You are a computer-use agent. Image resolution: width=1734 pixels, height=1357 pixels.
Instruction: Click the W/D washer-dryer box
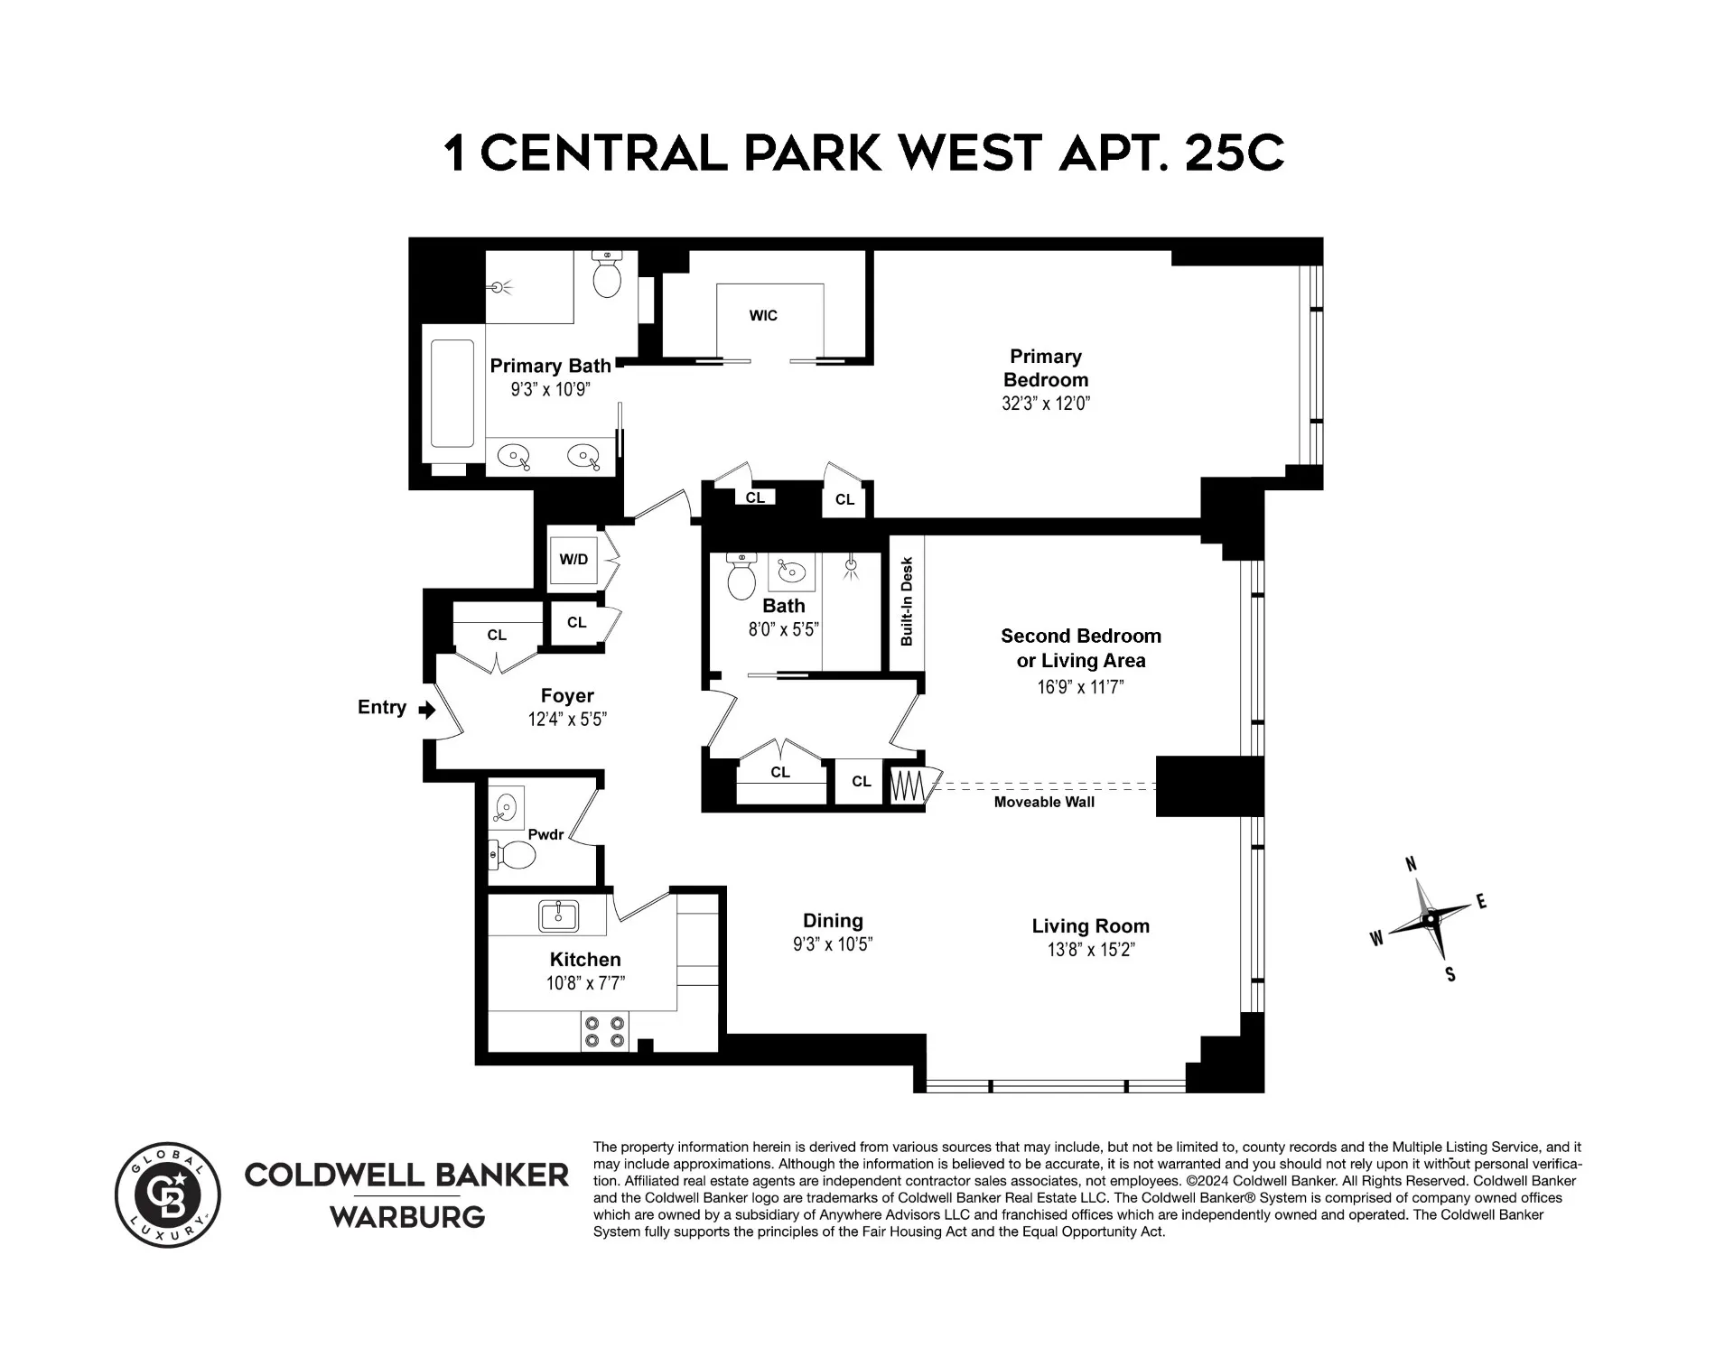coord(573,559)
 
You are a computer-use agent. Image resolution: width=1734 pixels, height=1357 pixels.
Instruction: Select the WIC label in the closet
coord(763,315)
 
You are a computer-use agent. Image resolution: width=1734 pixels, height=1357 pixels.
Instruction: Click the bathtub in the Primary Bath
coord(452,394)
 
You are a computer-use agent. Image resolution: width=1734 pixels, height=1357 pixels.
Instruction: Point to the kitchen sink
coord(559,916)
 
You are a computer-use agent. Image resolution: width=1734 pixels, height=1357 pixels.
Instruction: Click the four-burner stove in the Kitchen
coord(604,1031)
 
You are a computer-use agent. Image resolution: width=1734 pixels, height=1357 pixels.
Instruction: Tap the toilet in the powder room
coord(515,854)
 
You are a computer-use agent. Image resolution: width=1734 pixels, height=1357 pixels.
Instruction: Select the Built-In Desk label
coord(908,601)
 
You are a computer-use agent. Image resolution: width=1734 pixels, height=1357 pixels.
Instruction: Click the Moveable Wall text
coord(1044,802)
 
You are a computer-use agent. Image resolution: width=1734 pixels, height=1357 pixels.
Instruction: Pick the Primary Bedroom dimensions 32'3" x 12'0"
coord(1046,404)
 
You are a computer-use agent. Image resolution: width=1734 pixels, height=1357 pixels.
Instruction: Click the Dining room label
coord(833,921)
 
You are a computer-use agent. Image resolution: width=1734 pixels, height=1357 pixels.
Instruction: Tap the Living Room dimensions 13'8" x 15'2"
coord(1090,950)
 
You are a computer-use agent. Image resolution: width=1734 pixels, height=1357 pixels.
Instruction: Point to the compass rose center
coord(1430,919)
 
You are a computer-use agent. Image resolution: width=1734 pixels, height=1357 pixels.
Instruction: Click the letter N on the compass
coord(1412,865)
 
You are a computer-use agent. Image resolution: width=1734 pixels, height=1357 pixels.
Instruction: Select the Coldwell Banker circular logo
coord(168,1195)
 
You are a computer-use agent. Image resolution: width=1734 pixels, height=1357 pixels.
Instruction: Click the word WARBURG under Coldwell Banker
coord(407,1217)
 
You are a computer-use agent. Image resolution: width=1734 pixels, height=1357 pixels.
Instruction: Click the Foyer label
coord(567,695)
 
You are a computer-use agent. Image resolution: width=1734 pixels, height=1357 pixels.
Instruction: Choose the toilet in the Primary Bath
coord(607,275)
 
